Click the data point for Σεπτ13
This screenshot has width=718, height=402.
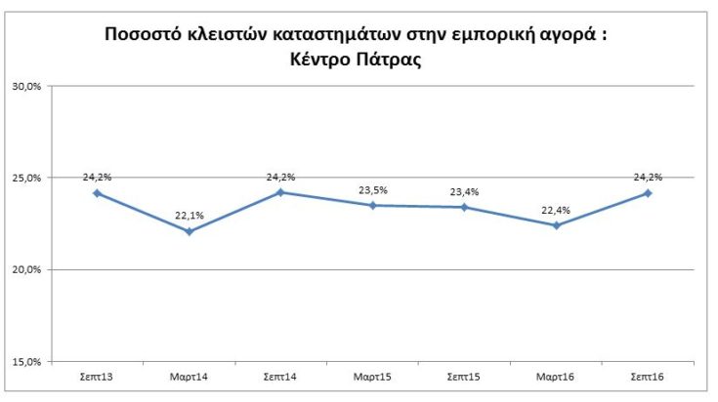pos(97,193)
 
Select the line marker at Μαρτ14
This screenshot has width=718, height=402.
pos(189,231)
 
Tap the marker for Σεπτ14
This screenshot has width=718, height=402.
pos(280,192)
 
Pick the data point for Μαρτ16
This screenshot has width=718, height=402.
pos(556,225)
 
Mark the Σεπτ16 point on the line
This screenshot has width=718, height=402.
pos(648,193)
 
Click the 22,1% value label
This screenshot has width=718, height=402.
pos(189,216)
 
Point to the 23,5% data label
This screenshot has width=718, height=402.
pos(372,190)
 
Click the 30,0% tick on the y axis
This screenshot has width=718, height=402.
pos(25,86)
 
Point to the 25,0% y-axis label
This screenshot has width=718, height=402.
pos(25,178)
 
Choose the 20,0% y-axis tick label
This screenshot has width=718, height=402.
pos(25,269)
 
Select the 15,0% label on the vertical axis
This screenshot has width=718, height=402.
pos(25,361)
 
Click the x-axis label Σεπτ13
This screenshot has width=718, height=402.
pos(97,376)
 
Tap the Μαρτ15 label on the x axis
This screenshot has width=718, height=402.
pos(372,376)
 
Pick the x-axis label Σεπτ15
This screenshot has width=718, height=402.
pos(464,376)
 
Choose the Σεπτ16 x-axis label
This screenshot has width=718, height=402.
pos(648,376)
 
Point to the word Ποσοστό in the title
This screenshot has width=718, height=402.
pos(144,36)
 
